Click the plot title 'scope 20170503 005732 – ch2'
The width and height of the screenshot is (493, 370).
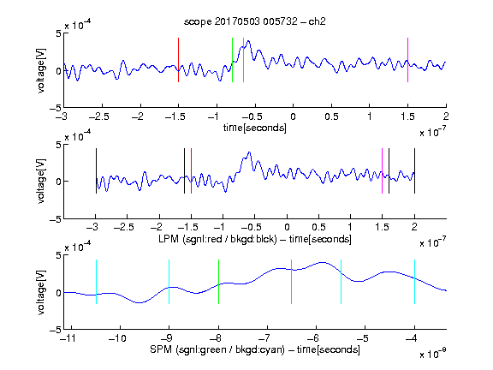(x=255, y=21)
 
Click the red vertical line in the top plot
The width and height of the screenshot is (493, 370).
(x=179, y=60)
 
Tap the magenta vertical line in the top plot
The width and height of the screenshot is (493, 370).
(x=407, y=60)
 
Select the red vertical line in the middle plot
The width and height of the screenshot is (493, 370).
(x=191, y=170)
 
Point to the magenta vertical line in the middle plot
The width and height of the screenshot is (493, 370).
(x=382, y=170)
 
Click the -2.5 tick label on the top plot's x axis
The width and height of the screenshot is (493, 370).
(x=99, y=116)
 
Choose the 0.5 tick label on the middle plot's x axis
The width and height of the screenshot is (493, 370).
(x=318, y=227)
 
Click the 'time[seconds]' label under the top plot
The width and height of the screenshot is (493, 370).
(x=255, y=128)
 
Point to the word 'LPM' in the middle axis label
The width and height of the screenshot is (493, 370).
(x=169, y=239)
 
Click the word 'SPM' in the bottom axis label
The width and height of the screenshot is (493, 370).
(x=161, y=349)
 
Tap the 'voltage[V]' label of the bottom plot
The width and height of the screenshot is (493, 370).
(x=41, y=292)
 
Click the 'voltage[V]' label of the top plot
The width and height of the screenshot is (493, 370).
(x=41, y=70)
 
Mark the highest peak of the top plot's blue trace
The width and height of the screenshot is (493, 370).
(x=249, y=40)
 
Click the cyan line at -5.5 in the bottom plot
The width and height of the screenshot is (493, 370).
(x=342, y=282)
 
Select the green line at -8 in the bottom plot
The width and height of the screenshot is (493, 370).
(x=218, y=282)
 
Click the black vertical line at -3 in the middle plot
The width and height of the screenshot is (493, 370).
(x=96, y=170)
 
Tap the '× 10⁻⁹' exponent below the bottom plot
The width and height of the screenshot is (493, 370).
(x=433, y=355)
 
